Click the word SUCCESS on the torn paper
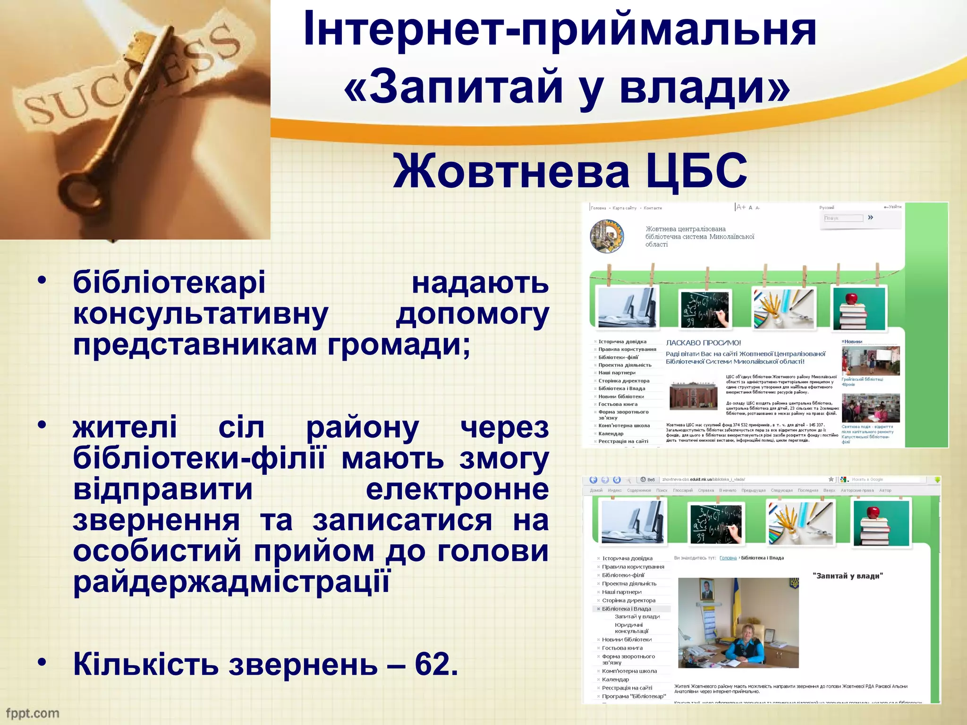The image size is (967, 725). coord(127,76)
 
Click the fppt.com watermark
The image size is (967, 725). coord(33,713)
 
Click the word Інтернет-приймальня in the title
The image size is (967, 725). coord(560,29)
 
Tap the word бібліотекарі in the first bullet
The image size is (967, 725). coord(169,282)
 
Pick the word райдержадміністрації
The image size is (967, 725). coord(231,582)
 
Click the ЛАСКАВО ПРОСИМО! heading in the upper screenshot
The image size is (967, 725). coord(703,343)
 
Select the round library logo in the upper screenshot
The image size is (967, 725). coord(607,236)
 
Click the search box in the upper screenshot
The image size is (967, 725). coord(843,218)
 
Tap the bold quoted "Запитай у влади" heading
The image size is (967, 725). coord(848,576)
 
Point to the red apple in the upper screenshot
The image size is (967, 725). coord(851,298)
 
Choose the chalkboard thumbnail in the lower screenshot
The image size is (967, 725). coord(716,523)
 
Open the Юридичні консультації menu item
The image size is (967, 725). coord(631,628)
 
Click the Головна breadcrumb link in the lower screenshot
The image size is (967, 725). coord(728,558)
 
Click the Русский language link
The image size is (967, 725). coord(826,207)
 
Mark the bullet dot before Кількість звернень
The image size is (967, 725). coord(42,662)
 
